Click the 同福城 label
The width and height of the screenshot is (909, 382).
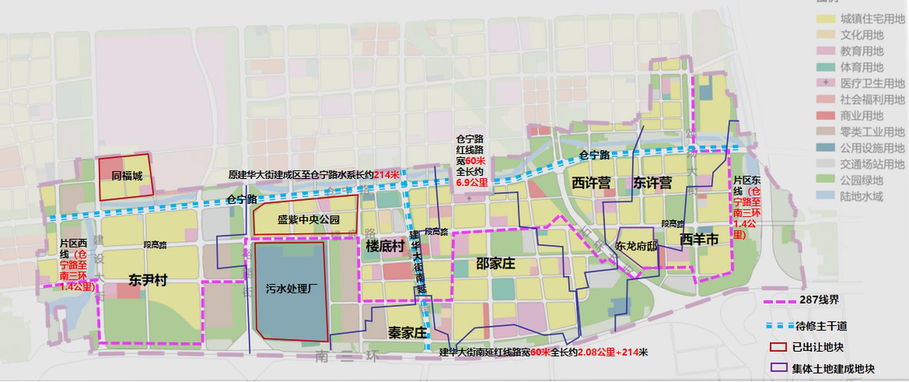127,176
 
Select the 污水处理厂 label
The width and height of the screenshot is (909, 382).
291,288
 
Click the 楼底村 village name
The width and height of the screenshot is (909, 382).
385,246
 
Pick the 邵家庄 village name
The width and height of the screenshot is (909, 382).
496,263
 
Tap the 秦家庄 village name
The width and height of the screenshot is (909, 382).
407,332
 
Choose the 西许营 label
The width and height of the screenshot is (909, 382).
591,182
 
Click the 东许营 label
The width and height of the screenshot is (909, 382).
653,182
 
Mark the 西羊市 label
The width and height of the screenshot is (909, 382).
699,239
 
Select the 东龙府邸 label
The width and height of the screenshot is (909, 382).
636,246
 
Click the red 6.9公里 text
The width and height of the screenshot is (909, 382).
472,182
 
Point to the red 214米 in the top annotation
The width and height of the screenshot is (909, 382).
386,175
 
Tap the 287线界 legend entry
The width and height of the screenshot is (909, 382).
819,300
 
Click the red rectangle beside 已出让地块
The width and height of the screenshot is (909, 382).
778,347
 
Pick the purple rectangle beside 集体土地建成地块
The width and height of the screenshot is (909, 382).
778,368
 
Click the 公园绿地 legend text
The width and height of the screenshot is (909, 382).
862,180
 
